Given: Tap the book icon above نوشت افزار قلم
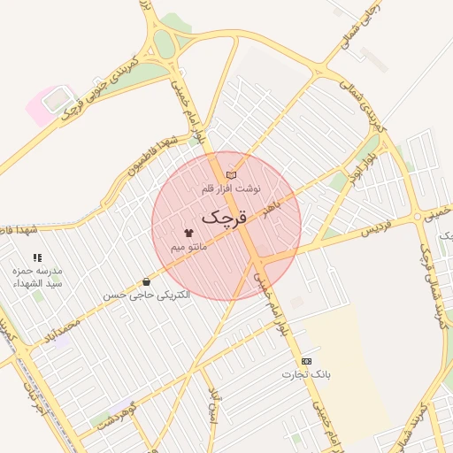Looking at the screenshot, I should pos(232,175).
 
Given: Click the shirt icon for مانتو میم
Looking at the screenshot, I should pos(188,232).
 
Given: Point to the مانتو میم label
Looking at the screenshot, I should pos(188,245).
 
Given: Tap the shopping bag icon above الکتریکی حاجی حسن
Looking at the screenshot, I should pos(145,282).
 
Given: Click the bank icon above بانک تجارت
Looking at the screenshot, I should pos(306,361).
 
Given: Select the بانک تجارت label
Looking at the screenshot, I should pos(306,374).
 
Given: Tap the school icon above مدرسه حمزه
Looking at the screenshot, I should pos(37,257).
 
